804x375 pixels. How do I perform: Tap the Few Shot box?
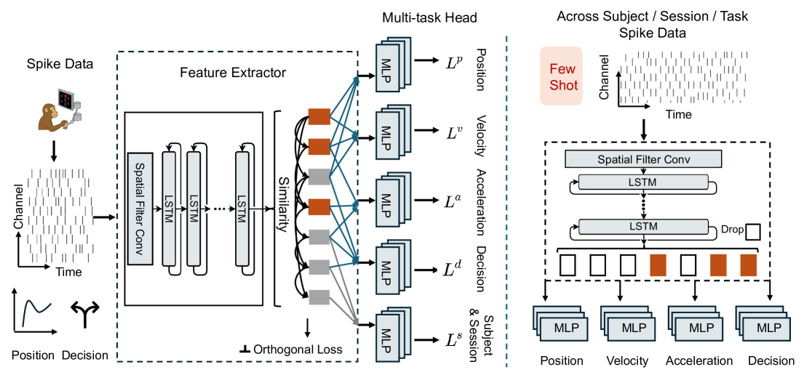tap(561, 76)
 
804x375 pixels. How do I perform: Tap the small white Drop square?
tap(754, 231)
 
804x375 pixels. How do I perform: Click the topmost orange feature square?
tap(319, 116)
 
